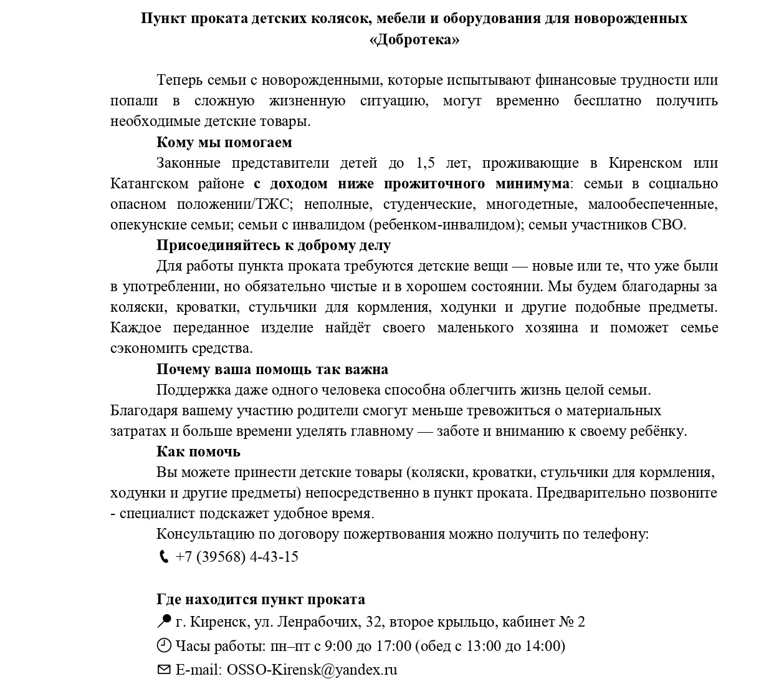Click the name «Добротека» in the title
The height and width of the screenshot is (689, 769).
coord(414,40)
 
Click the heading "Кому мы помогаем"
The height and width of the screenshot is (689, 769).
coord(224,142)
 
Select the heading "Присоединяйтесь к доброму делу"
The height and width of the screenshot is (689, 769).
coord(273,245)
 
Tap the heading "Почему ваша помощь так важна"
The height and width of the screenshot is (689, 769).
coord(272,369)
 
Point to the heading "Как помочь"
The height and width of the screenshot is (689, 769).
coord(198,451)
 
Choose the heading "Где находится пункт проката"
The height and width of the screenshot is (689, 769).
coord(260,599)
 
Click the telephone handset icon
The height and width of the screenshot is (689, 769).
coord(164,557)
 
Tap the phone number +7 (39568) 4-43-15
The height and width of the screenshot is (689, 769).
coord(237,557)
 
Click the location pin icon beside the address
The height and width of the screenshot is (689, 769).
coord(164,621)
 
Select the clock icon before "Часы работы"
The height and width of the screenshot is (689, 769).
coord(164,645)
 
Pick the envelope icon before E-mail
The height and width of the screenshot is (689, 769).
coord(164,670)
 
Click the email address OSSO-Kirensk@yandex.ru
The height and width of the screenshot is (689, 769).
coord(312,670)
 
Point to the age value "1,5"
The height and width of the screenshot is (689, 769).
coord(424,163)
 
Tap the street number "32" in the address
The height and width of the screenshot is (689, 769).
coord(374,622)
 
